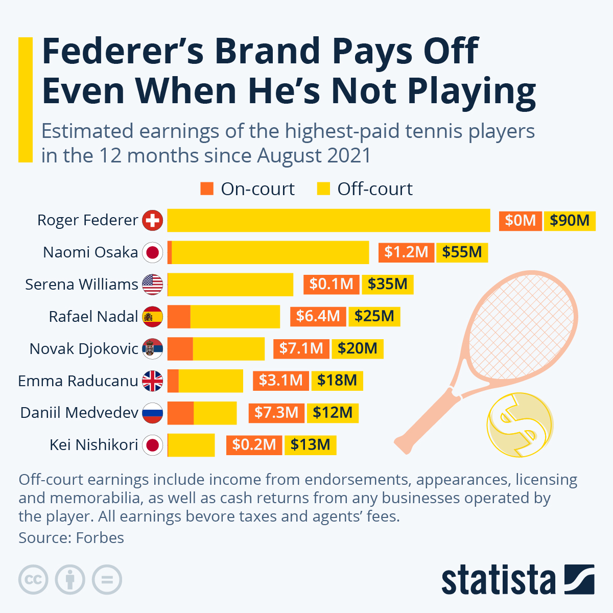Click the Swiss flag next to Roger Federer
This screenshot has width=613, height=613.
point(152,220)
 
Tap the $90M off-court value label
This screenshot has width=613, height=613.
point(570,220)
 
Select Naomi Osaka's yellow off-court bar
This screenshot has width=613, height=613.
point(270,252)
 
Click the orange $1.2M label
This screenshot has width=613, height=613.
point(406,252)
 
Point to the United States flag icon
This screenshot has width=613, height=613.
point(152,285)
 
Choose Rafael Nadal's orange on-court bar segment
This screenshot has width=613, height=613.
point(179,317)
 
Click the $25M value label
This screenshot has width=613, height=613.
point(374,317)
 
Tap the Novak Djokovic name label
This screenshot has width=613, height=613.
point(84,349)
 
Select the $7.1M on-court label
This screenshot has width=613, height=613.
point(301,349)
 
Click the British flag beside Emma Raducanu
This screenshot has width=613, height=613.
point(152,381)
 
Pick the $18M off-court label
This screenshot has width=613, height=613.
point(337,381)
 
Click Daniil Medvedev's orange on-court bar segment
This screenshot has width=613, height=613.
point(180,413)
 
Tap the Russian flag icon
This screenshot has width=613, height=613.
point(152,413)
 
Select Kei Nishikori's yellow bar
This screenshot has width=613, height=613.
point(192,445)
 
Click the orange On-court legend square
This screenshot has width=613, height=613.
point(207,188)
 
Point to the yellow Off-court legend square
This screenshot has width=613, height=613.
point(323,188)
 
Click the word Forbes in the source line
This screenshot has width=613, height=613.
point(100,538)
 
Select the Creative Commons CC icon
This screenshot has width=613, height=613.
point(33,580)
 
